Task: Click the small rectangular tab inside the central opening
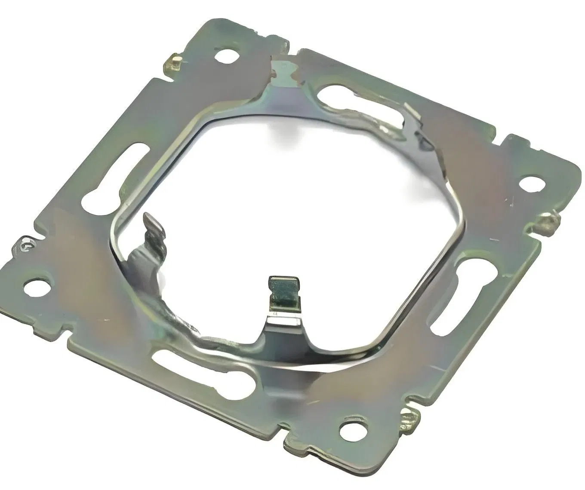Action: (283, 292)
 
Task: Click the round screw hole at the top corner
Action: (226, 55)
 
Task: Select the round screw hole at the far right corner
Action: (532, 183)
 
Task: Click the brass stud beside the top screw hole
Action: (174, 63)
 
